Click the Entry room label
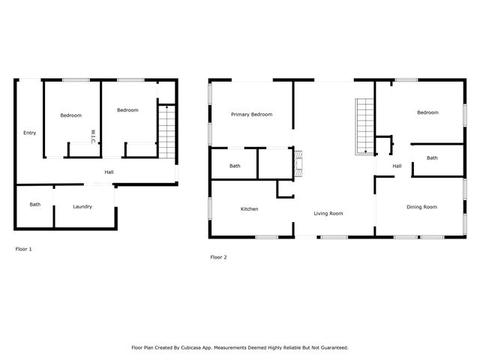pos(29,133)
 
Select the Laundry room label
pos(82,206)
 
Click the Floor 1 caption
pos(24,248)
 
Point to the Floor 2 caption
pos(218,257)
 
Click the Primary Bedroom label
pos(251,115)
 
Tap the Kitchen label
pos(249,209)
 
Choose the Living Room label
pos(328,214)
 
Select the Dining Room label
pos(421,207)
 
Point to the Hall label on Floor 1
pos(109,172)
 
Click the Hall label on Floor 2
pos(397,166)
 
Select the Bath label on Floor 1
pos(35,205)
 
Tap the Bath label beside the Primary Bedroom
pos(235,166)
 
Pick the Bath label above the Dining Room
pos(432,158)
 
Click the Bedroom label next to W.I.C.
pos(70,115)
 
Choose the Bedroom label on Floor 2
pos(427,112)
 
